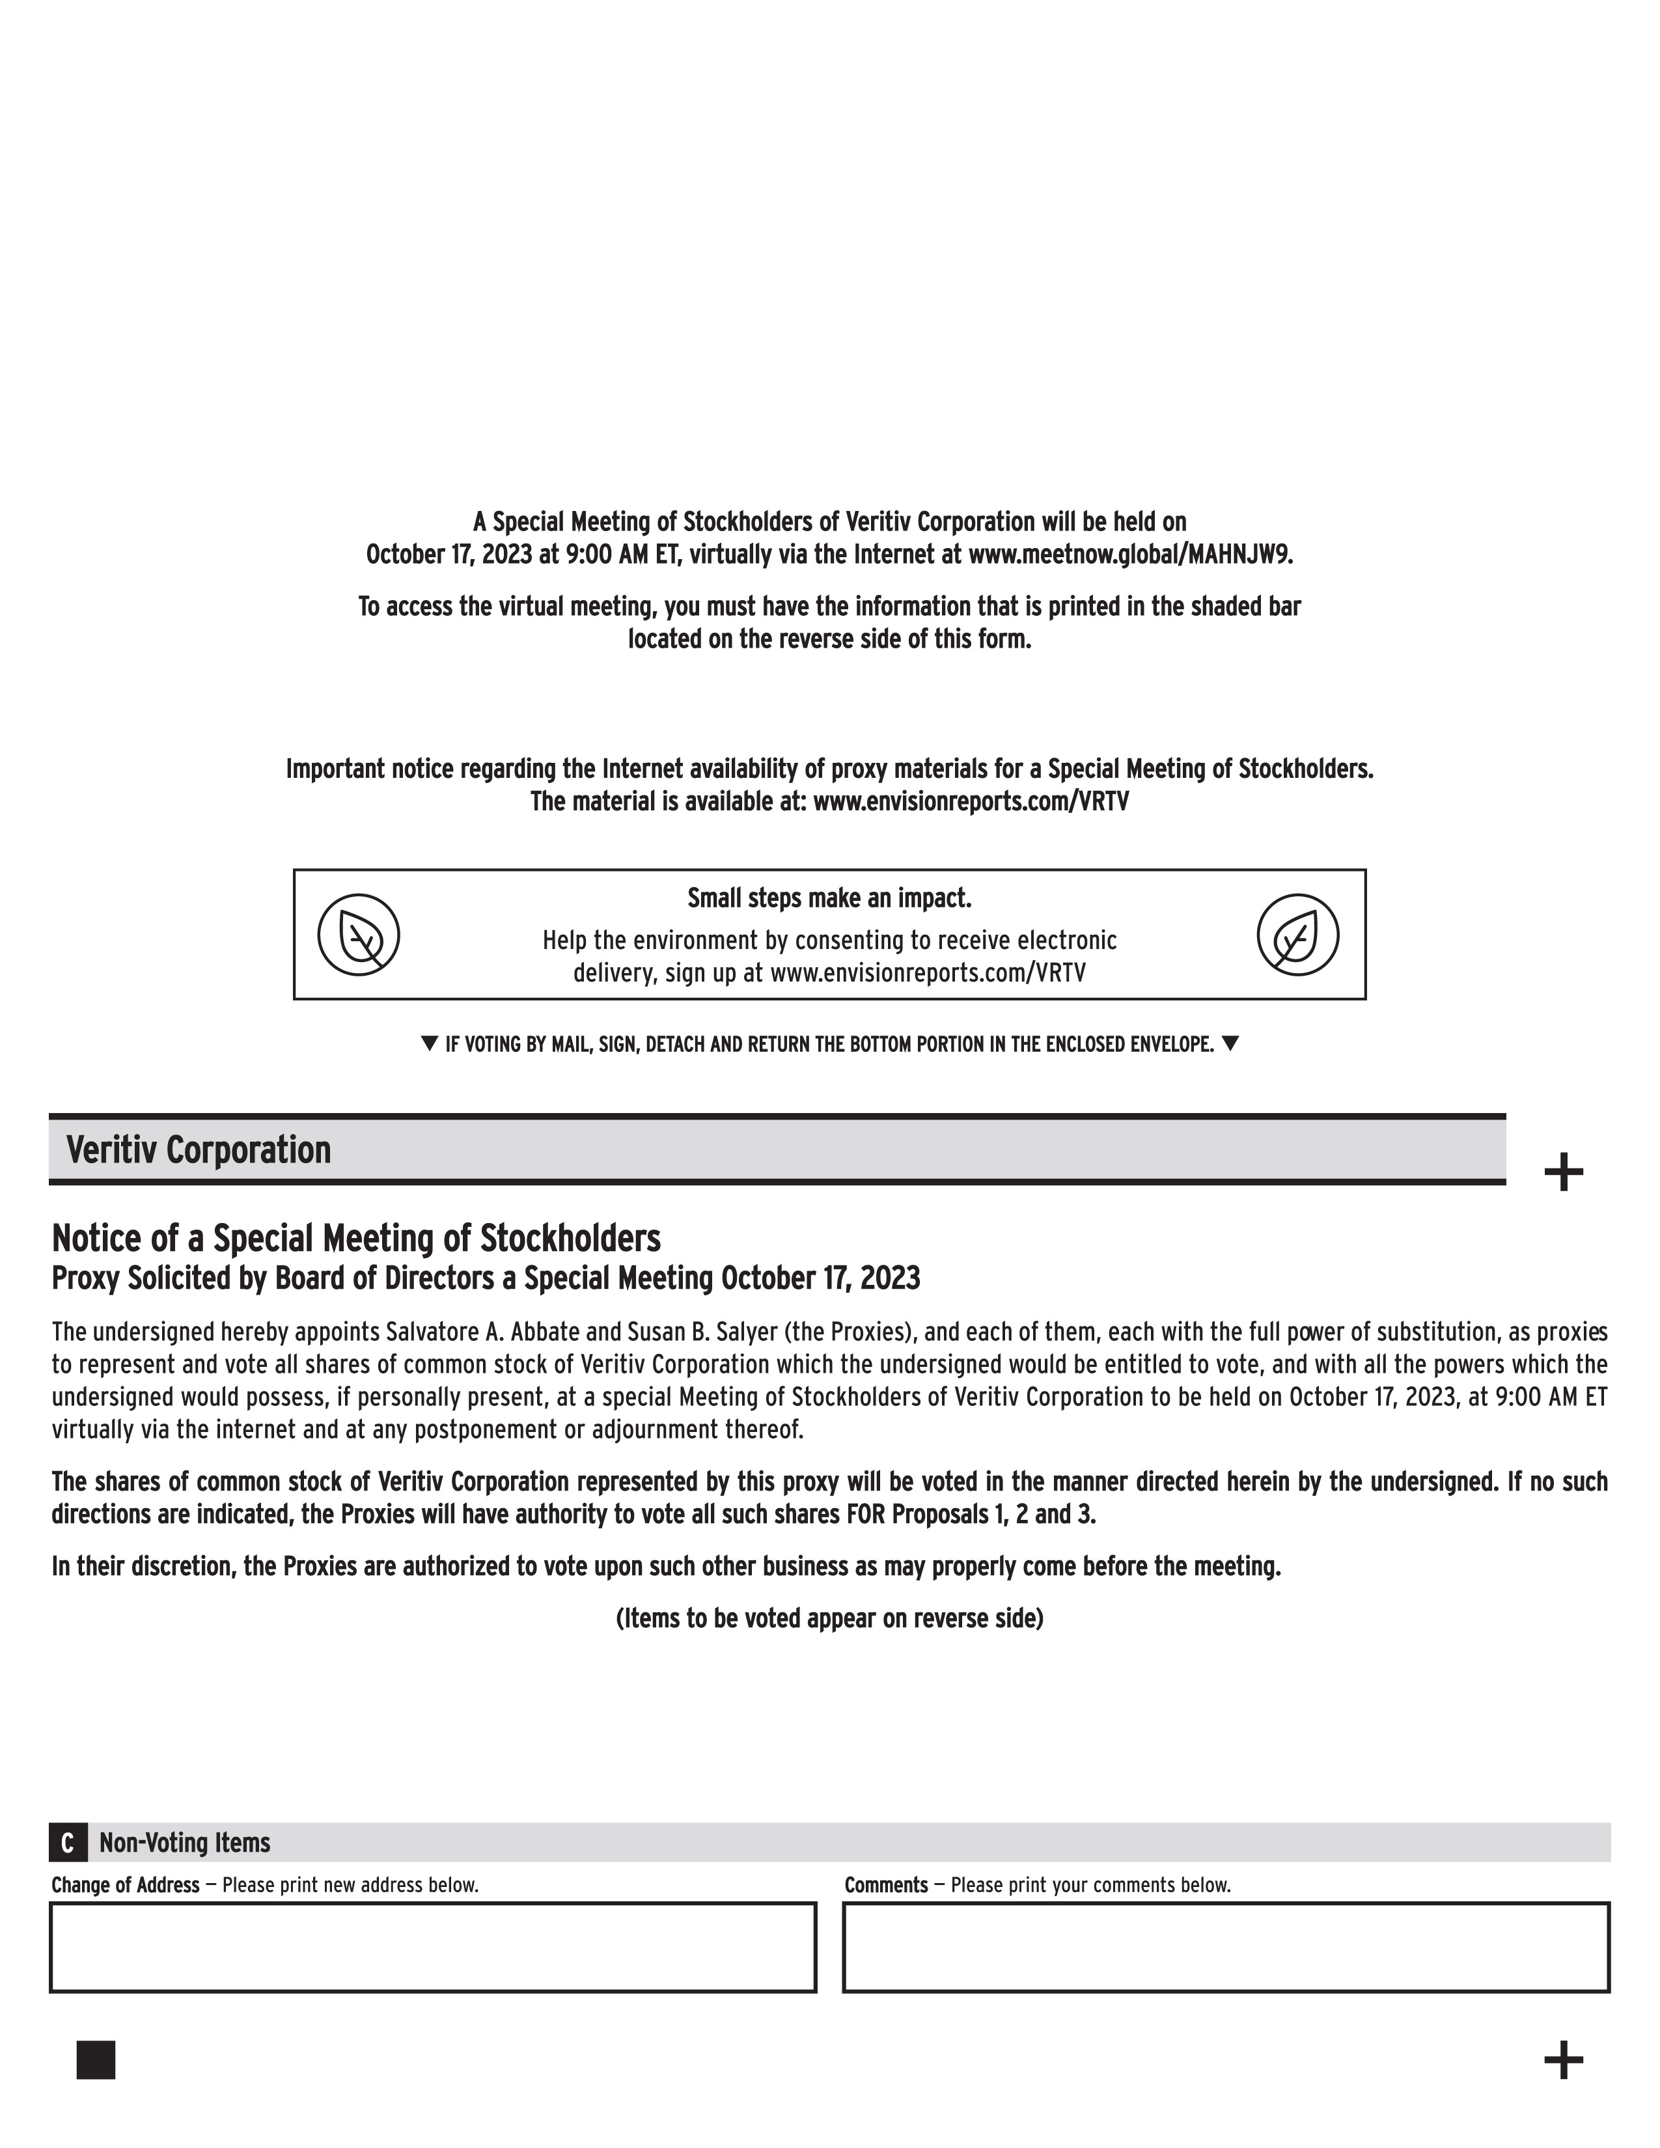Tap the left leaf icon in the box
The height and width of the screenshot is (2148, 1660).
click(358, 934)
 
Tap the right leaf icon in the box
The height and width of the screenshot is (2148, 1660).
click(1298, 934)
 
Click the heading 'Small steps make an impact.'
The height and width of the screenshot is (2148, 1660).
click(829, 898)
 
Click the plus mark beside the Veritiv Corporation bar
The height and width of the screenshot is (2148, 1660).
click(1564, 1172)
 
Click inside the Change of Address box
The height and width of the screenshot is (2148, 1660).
click(433, 1948)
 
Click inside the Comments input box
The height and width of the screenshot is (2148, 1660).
click(1225, 1948)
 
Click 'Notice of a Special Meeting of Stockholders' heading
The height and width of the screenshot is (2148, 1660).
click(356, 1237)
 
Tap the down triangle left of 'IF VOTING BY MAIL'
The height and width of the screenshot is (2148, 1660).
click(429, 1043)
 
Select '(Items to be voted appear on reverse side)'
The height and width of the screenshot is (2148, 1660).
click(829, 1618)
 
